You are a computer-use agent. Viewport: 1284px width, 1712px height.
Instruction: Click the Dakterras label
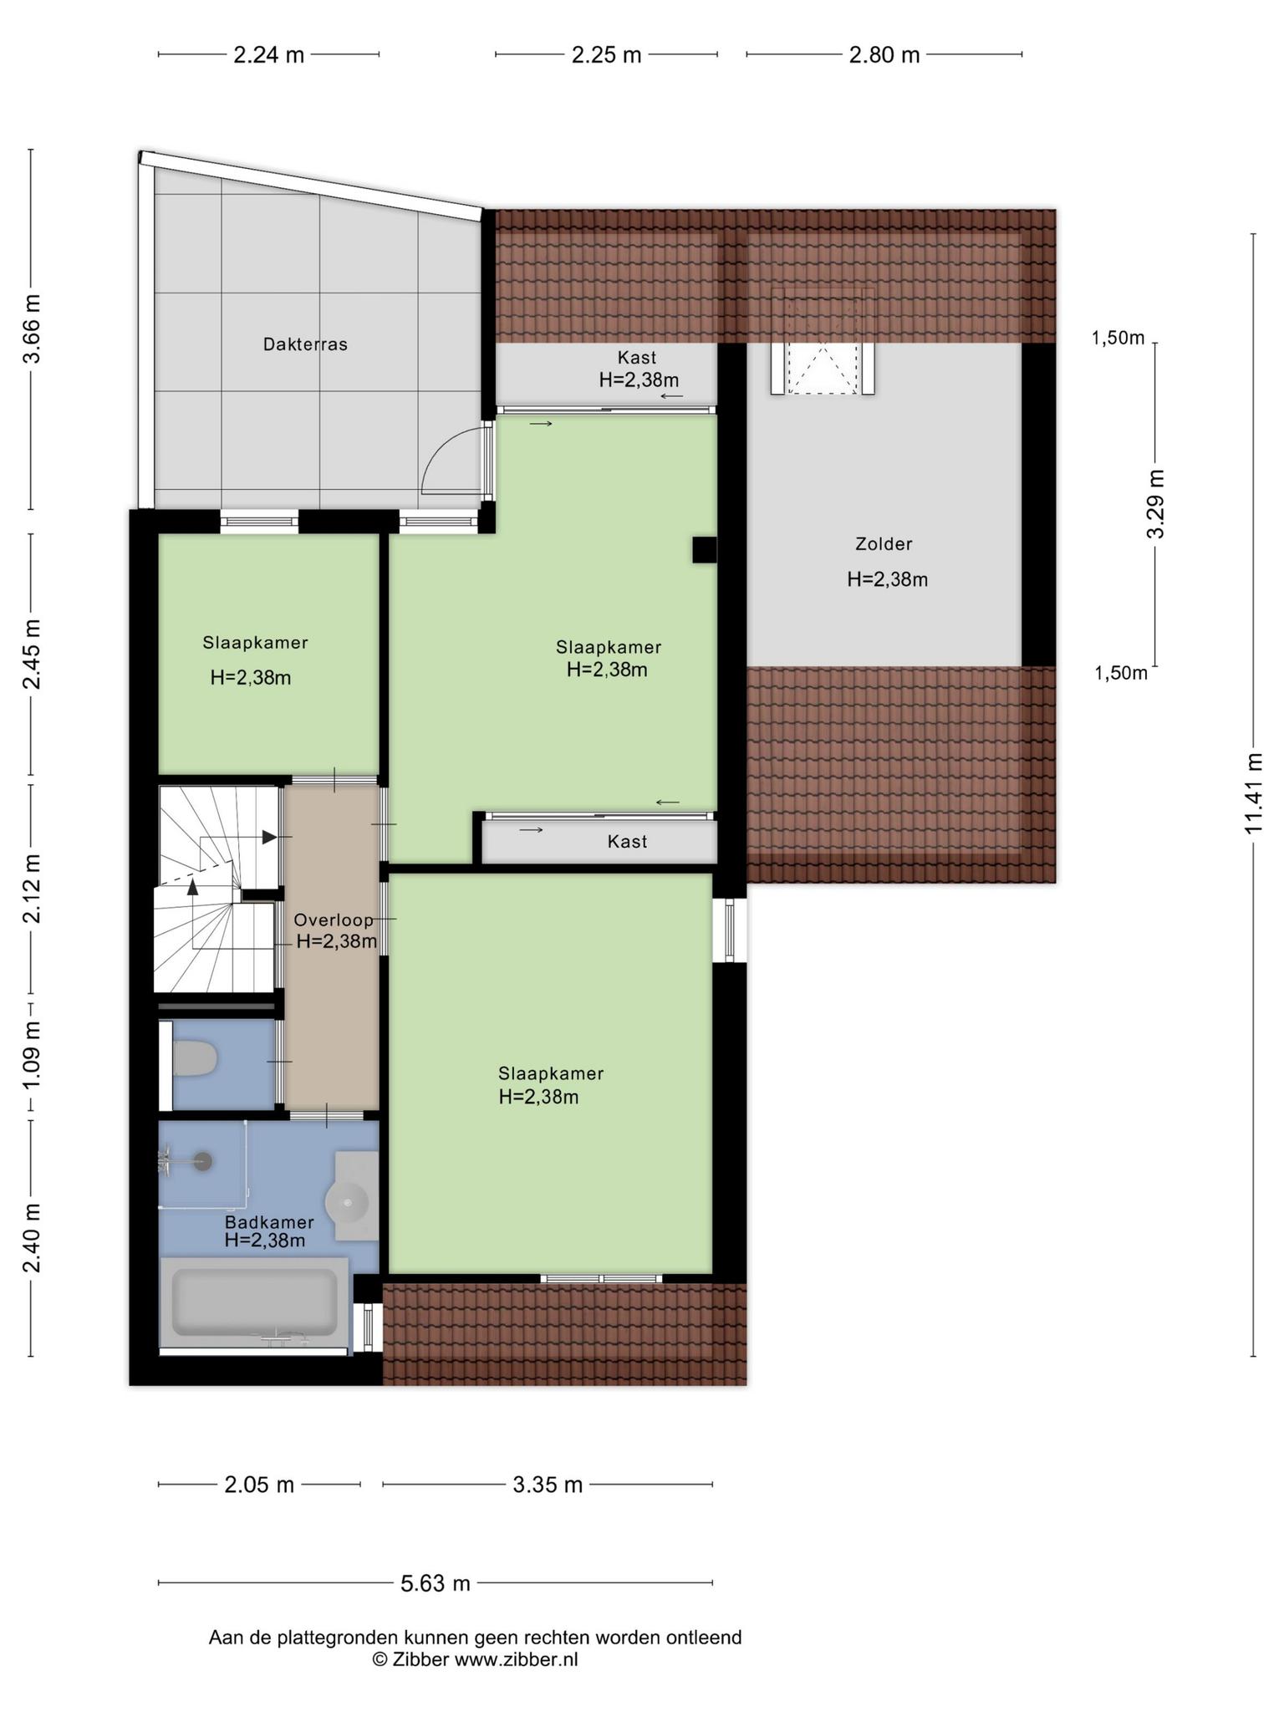pyautogui.click(x=305, y=344)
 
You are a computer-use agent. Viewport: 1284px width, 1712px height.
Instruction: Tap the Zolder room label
pyautogui.click(x=884, y=544)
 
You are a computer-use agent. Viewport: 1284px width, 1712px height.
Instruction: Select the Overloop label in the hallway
pyautogui.click(x=334, y=920)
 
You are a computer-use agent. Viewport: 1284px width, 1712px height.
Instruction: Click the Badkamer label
pyautogui.click(x=269, y=1222)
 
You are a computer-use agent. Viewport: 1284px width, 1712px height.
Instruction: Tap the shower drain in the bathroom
pyautogui.click(x=201, y=1161)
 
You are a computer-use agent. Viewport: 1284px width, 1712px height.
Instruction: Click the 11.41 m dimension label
pyautogui.click(x=1252, y=793)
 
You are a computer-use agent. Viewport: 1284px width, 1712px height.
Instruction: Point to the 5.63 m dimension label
pyautogui.click(x=435, y=1582)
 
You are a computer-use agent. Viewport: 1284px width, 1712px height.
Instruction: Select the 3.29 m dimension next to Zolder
pyautogui.click(x=1156, y=504)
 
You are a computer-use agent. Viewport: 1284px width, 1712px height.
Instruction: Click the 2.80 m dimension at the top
pyautogui.click(x=884, y=55)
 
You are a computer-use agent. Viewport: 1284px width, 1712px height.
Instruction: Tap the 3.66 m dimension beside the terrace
pyautogui.click(x=31, y=329)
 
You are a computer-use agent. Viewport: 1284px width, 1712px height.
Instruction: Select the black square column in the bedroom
pyautogui.click(x=704, y=549)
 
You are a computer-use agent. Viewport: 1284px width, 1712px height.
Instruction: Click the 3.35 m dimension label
pyautogui.click(x=548, y=1485)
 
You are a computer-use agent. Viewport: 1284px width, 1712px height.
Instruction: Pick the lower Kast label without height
pyautogui.click(x=627, y=842)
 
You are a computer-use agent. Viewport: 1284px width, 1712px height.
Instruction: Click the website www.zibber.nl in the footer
pyautogui.click(x=516, y=1659)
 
